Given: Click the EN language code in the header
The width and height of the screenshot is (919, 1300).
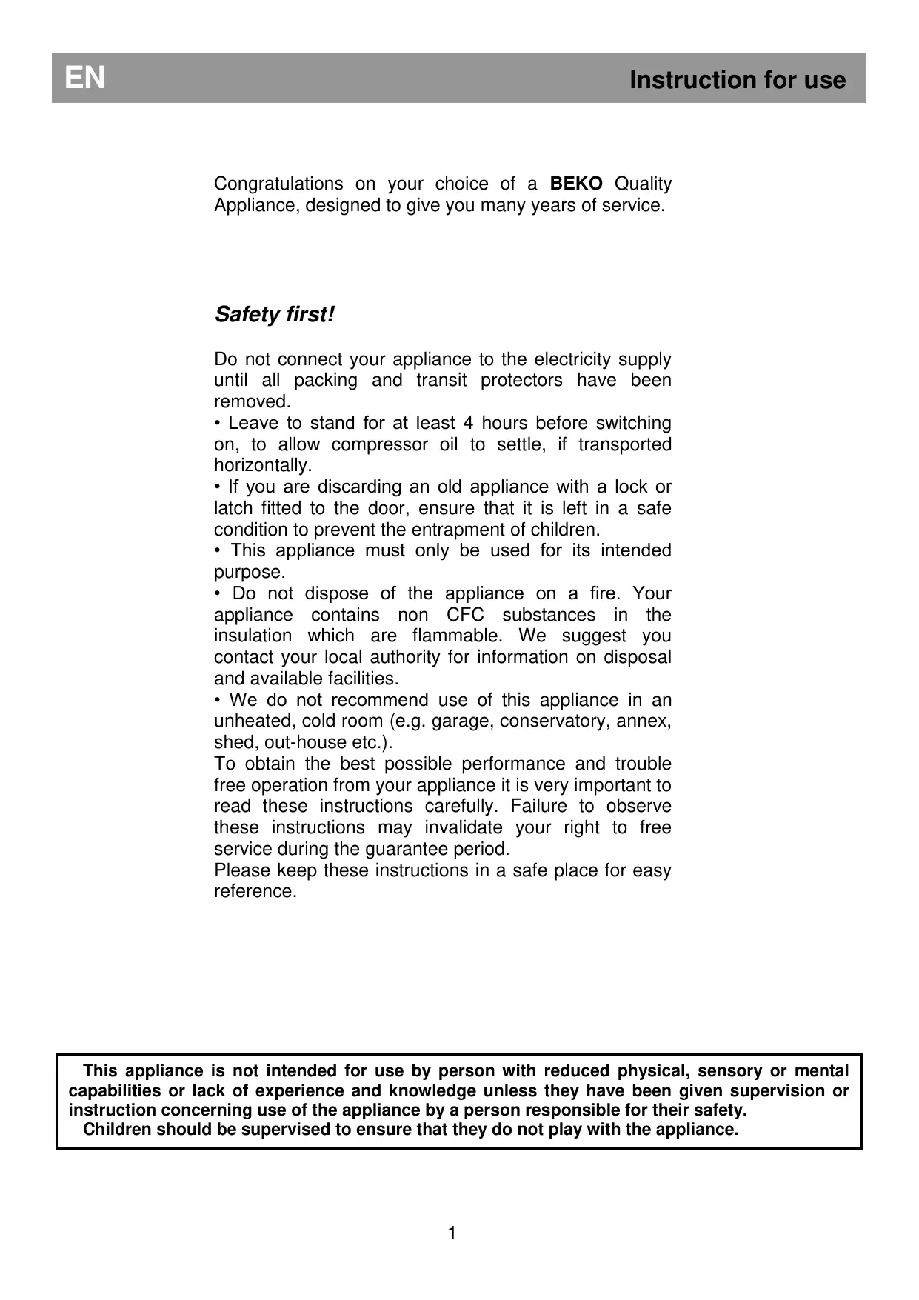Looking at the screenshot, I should (85, 78).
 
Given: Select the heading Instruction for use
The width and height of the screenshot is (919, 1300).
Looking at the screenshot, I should (737, 80).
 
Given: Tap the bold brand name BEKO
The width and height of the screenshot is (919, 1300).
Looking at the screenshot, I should (575, 184).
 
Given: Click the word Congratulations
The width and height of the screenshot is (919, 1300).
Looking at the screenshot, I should (278, 184).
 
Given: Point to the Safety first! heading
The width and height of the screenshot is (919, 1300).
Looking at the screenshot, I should (275, 315).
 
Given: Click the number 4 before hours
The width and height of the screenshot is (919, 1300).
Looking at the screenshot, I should (468, 423).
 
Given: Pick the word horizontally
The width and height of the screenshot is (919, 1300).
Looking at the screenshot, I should (262, 466).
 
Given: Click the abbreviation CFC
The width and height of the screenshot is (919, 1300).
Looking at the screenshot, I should (465, 615).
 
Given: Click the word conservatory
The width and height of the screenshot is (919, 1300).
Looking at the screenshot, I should (555, 721).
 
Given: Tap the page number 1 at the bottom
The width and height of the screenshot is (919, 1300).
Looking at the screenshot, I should (452, 1233).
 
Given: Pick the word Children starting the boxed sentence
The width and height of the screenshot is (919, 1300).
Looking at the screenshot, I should (117, 1130).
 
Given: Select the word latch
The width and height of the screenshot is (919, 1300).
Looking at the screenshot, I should (231, 509).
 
